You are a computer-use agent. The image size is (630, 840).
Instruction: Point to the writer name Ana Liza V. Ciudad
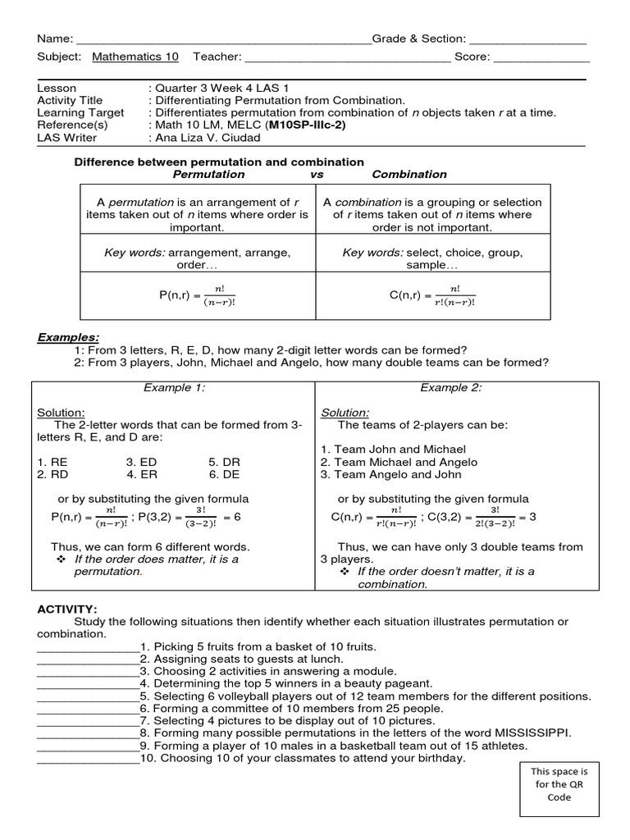[x=210, y=137]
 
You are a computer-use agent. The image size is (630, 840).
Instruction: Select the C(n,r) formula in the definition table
[x=432, y=294]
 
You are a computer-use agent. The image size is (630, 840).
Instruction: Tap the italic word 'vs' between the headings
[x=318, y=174]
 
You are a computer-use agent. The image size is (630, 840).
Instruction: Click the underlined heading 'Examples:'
[x=69, y=338]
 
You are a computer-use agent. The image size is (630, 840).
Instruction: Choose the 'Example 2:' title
[x=451, y=387]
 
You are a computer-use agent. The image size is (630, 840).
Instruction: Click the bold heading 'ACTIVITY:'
[x=67, y=609]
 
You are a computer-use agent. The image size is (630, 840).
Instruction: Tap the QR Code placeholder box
[x=559, y=789]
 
